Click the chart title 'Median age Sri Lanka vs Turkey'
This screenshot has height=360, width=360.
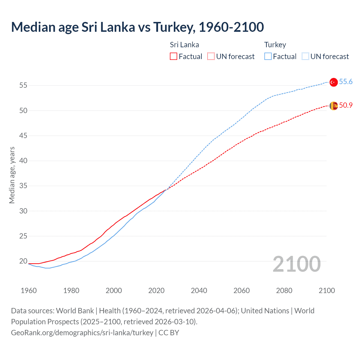click(x=137, y=27)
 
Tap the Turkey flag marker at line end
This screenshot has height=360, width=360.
click(x=333, y=82)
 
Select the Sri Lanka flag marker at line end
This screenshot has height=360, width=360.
click(x=333, y=106)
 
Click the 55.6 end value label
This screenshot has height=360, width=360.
click(x=346, y=82)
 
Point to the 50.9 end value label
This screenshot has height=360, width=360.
click(x=346, y=105)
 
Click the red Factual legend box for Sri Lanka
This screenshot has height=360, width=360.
click(x=174, y=57)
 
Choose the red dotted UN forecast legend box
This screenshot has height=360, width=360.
click(x=211, y=57)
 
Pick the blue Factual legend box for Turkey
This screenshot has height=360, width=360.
click(x=268, y=57)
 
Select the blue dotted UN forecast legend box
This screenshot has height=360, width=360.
click(x=305, y=57)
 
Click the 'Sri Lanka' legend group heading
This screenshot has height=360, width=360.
click(x=184, y=45)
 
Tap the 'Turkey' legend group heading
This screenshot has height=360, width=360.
click(x=275, y=45)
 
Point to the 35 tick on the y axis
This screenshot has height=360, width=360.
click(x=23, y=186)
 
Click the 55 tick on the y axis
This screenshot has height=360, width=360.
click(x=23, y=85)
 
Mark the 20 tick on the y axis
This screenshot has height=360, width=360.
click(x=23, y=261)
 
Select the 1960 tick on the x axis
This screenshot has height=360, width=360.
click(x=29, y=291)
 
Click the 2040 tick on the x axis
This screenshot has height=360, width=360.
click(x=199, y=291)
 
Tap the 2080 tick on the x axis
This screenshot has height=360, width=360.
click(x=284, y=291)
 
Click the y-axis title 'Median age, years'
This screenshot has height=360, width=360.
click(x=12, y=175)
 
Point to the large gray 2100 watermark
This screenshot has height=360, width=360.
click(x=296, y=264)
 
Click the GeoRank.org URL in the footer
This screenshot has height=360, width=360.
click(x=82, y=333)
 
